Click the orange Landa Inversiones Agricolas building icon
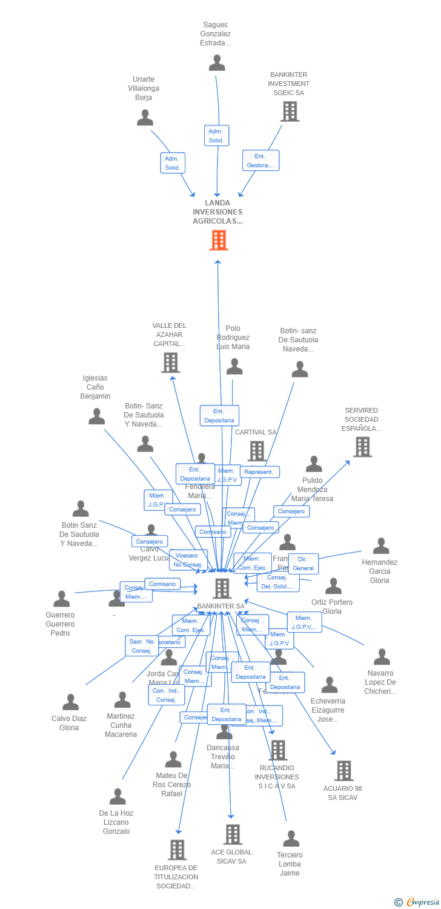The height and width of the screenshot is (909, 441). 219,241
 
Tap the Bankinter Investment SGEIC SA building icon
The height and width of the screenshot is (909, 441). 290,112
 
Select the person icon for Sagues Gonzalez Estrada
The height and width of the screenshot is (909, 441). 217,63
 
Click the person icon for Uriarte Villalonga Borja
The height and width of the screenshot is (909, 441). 145,118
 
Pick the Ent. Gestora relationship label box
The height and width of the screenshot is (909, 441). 260,161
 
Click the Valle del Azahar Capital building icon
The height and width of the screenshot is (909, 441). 171,362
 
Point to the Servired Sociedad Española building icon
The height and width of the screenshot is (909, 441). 362,447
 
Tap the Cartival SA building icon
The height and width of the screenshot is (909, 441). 257,450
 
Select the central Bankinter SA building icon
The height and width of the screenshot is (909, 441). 222,588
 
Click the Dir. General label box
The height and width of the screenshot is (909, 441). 303,564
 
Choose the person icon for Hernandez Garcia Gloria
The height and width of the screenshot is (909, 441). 381,546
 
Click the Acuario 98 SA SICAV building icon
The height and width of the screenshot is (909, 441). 344,770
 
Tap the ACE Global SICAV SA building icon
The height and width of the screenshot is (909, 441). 233,834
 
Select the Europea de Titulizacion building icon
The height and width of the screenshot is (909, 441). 177,850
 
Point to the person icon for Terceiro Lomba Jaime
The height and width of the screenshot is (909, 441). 291,839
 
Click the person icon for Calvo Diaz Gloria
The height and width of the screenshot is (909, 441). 70,702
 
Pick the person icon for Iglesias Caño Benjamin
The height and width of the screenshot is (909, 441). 97,416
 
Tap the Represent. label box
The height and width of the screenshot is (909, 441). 259,472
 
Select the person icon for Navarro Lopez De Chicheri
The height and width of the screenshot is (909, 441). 382,657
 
